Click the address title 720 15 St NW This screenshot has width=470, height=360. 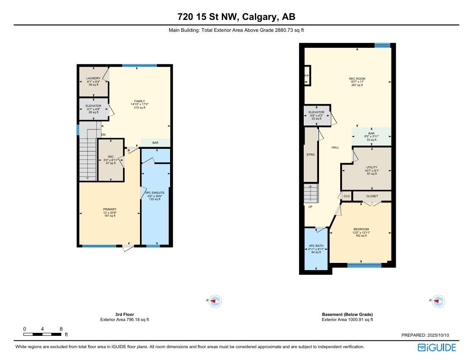(x=236, y=17)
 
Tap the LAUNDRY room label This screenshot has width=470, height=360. (x=93, y=78)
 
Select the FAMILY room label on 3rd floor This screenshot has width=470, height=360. (x=140, y=101)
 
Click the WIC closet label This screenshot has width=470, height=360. (x=110, y=156)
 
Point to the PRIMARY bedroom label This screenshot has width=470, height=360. (x=109, y=209)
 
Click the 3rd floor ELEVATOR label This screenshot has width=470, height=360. (x=93, y=106)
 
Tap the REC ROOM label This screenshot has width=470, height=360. (x=357, y=79)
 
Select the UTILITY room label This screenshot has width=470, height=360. (x=372, y=167)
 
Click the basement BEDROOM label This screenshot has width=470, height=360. (x=361, y=229)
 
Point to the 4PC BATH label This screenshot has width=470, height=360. (x=316, y=246)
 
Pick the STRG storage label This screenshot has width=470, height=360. (x=311, y=155)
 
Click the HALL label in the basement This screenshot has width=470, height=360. (x=335, y=148)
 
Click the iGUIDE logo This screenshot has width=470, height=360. (x=436, y=348)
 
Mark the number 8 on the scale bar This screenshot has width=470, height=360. (x=61, y=329)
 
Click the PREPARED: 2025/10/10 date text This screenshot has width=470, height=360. (x=425, y=335)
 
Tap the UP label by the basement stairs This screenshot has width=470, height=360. (x=311, y=207)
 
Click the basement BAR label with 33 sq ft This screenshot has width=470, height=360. (x=371, y=134)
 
